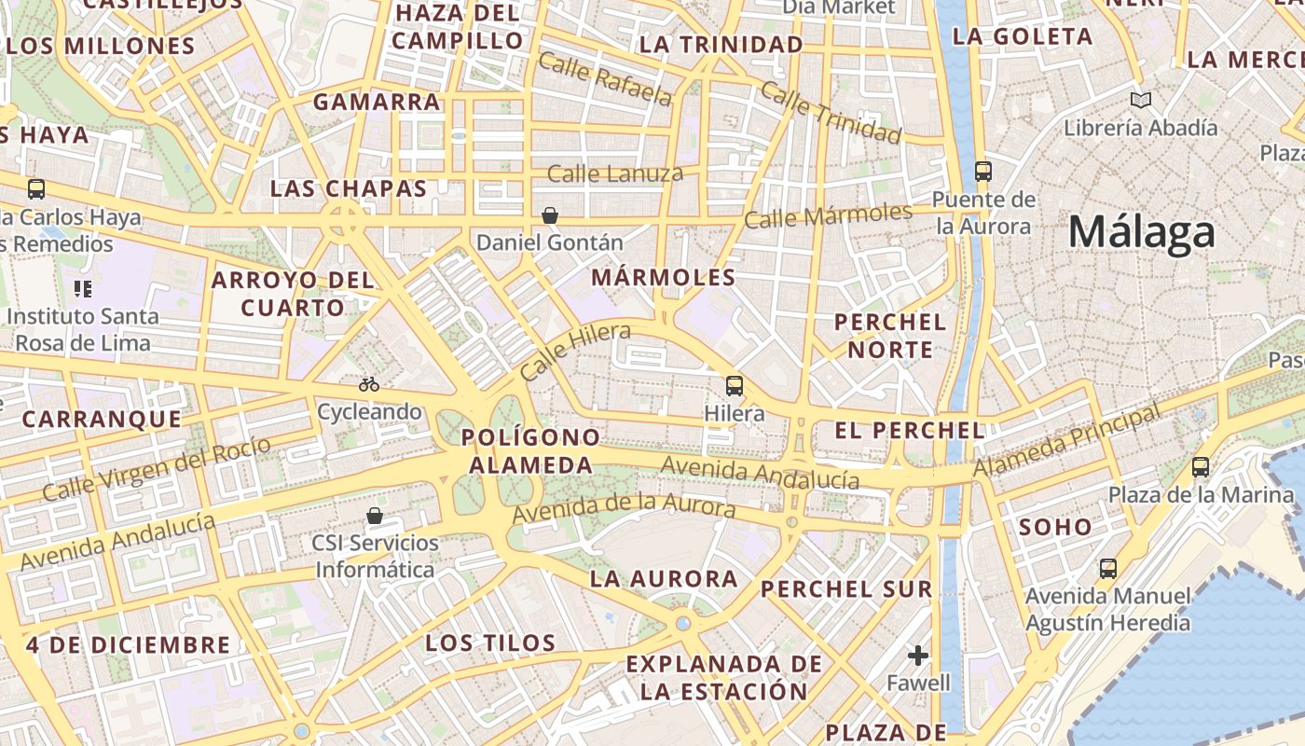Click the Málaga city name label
pos(1141,232)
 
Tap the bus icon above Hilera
pos(735,385)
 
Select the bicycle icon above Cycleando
pos(369,384)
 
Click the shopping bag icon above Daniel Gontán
pos(550,216)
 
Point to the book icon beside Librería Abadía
pos(1140,100)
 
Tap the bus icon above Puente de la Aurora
pos(983,172)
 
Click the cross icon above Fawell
pos(918,656)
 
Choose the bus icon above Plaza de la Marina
pos(1201,467)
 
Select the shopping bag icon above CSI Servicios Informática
pos(375,516)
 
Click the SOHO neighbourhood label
pos(1054,527)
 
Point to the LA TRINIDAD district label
pos(722,45)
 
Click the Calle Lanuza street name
pos(615,173)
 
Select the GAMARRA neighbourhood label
pos(377,102)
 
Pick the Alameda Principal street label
pos(1067,441)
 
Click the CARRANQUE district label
pos(102,419)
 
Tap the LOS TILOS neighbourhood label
pos(490,642)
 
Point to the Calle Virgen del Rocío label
pos(157,468)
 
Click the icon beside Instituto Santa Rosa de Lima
pos(83,289)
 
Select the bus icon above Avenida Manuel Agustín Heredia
pos(1108,568)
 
